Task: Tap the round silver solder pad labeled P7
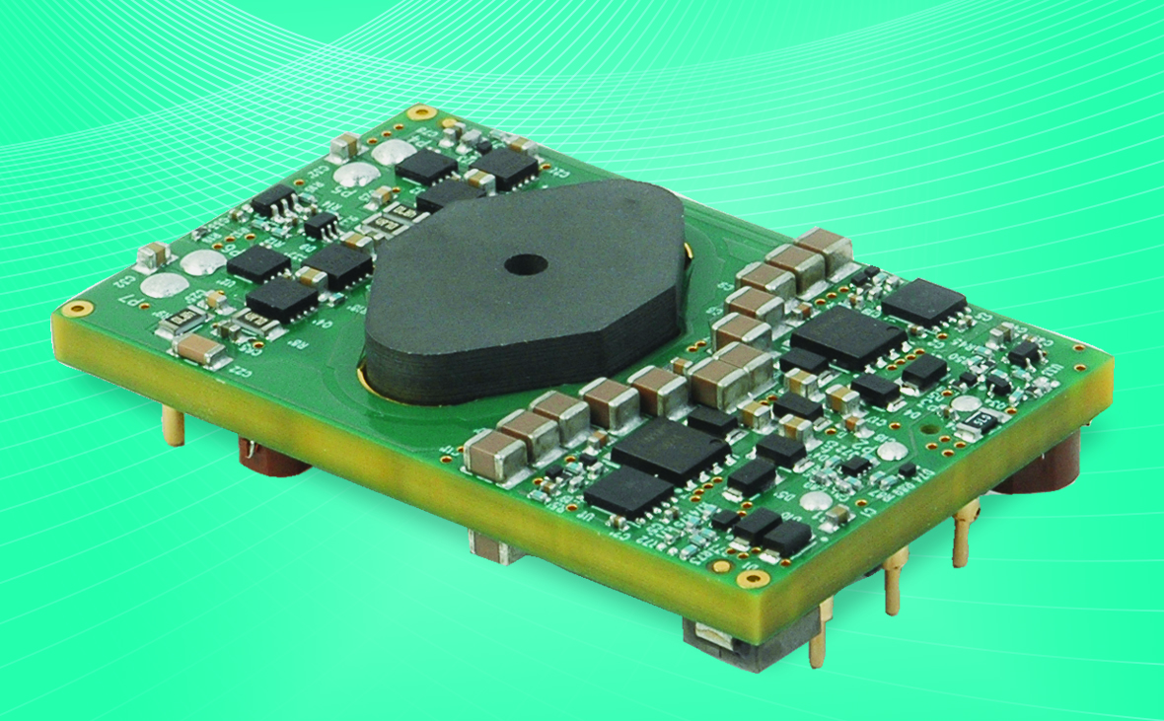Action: (x=158, y=286)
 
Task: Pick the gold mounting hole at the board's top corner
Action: (x=421, y=112)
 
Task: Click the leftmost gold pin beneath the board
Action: (x=174, y=426)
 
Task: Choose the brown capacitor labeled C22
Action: (x=203, y=347)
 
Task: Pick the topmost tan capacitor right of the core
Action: (x=825, y=244)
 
